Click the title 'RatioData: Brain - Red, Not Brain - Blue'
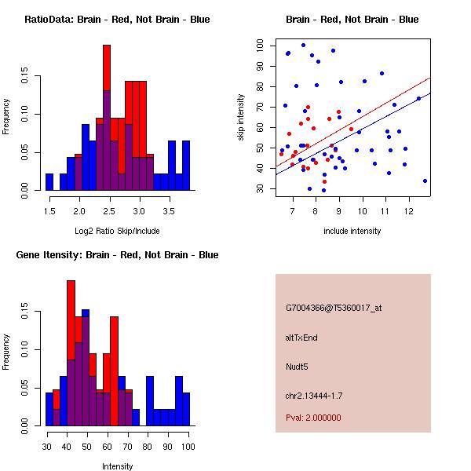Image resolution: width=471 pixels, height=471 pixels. click(117, 19)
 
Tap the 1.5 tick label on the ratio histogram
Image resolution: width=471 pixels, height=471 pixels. click(49, 211)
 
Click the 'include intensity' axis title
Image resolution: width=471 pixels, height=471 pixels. click(352, 231)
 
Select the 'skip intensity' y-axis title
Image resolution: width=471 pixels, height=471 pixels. click(242, 118)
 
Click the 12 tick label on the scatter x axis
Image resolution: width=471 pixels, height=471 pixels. click(408, 210)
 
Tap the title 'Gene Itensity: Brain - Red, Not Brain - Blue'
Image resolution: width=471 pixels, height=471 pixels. click(117, 254)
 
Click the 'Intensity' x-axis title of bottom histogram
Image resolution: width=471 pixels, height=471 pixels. click(117, 466)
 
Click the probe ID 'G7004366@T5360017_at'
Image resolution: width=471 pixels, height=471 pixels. click(334, 309)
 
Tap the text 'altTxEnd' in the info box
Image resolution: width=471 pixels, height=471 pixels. click(301, 338)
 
